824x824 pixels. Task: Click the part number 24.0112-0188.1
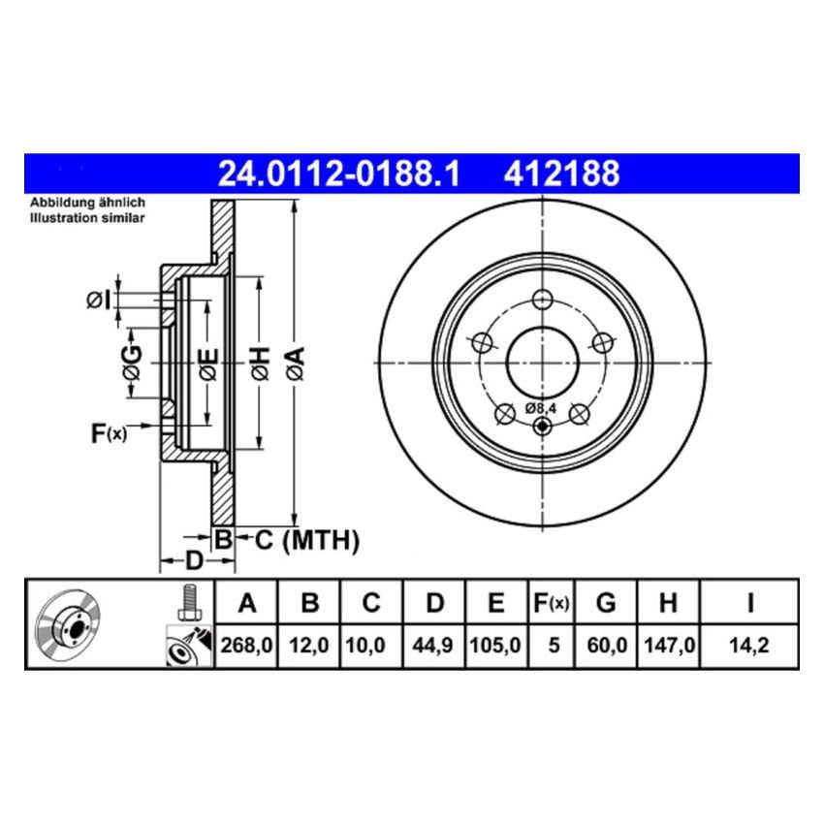coord(337,174)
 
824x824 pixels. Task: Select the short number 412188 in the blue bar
coord(560,174)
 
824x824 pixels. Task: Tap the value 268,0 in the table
coord(246,643)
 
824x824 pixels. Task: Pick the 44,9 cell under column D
coord(434,643)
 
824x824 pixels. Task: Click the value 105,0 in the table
coord(495,643)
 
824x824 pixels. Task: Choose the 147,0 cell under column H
coord(667,643)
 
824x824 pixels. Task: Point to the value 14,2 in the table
coord(749,643)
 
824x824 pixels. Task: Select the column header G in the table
coord(605,604)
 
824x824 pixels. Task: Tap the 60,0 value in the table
coord(605,643)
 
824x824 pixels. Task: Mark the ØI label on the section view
coord(99,301)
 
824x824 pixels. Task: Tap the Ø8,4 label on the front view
coord(541,408)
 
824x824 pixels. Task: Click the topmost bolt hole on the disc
coord(542,299)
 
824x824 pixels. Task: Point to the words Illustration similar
coord(87,219)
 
